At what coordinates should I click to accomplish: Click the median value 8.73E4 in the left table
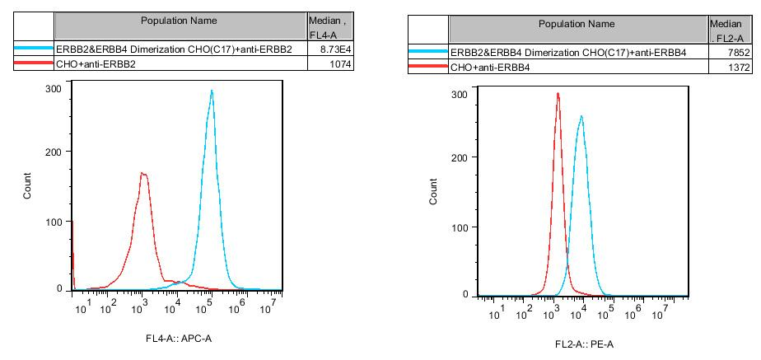[x=319, y=49]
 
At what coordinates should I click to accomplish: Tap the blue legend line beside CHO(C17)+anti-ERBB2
[x=34, y=49]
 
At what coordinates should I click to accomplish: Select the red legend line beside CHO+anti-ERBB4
[x=428, y=65]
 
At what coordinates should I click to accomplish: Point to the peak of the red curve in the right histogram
[x=558, y=93]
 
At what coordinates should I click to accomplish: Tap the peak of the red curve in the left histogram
[x=143, y=173]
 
